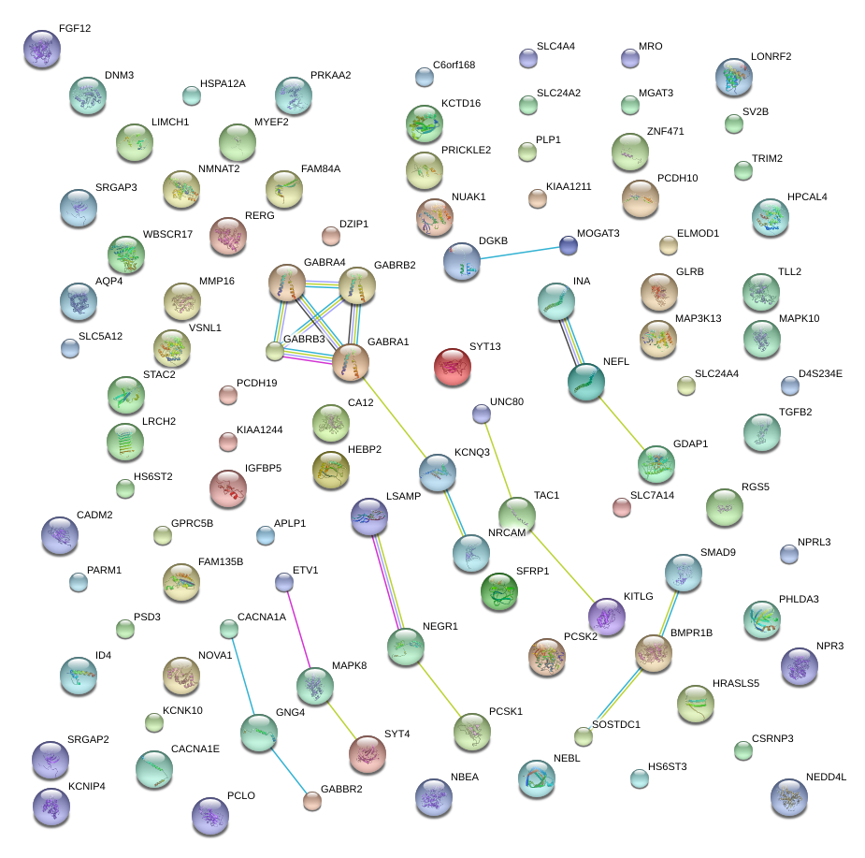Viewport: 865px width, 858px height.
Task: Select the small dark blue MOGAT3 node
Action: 568,246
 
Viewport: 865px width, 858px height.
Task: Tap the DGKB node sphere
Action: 461,261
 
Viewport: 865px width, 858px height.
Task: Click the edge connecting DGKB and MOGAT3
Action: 515,254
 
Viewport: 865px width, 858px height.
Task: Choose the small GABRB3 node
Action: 274,351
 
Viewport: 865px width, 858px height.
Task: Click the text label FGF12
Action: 75,29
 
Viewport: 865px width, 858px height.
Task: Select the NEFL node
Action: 586,382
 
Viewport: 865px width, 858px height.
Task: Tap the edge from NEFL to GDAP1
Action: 621,422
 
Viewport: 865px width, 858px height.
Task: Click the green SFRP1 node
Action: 498,590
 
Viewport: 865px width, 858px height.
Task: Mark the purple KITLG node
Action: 606,616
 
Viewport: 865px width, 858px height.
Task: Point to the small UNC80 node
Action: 481,412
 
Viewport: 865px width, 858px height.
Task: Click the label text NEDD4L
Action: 825,778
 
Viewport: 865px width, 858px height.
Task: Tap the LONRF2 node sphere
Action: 733,77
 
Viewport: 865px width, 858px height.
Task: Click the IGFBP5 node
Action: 227,487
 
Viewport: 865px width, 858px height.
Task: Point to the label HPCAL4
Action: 807,197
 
